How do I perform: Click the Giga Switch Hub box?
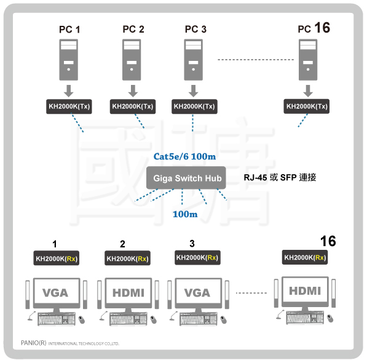tap(186, 178)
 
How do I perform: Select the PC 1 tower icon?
tap(69, 60)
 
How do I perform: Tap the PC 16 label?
tap(314, 28)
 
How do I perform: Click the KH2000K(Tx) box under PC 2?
tap(133, 106)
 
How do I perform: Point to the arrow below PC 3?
tap(193, 91)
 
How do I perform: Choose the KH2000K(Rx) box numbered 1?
tap(57, 258)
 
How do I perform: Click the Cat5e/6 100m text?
tap(184, 156)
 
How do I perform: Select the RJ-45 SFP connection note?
tap(280, 177)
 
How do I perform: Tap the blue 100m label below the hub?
tap(185, 214)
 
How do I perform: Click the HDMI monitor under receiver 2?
tap(128, 294)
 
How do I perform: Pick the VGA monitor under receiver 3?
tap(198, 294)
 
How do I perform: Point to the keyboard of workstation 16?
tap(305, 318)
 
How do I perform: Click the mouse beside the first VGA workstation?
tap(82, 319)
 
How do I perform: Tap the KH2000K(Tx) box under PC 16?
tap(307, 106)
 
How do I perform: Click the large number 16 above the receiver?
tap(328, 241)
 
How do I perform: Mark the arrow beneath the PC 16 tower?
tap(308, 91)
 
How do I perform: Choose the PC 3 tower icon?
tap(193, 60)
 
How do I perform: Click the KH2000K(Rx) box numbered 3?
tap(197, 258)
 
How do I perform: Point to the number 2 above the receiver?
tap(122, 244)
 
